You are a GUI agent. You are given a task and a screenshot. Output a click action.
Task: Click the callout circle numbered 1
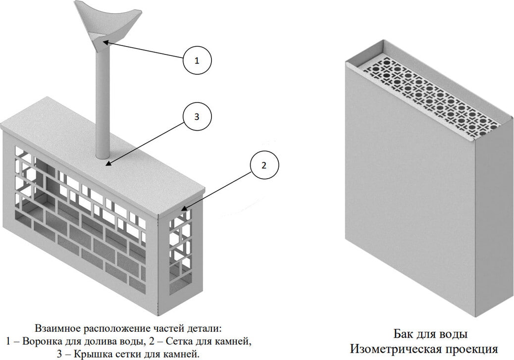point(197,61)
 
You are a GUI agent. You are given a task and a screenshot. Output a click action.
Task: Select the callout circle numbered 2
point(263,165)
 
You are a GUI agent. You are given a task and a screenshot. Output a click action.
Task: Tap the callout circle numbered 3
point(197,117)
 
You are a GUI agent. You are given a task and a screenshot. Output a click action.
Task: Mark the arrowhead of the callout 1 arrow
point(105,44)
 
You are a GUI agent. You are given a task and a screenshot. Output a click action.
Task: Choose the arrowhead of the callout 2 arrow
point(184,209)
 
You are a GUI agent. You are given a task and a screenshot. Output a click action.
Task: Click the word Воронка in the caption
point(41,341)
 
